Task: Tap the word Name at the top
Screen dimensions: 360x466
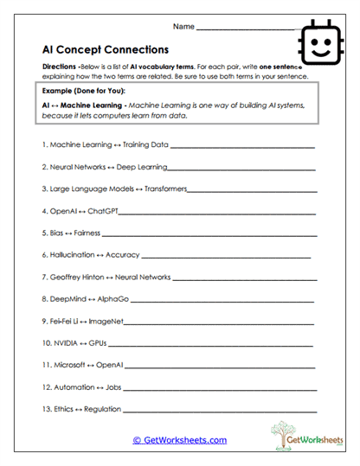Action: (x=184, y=27)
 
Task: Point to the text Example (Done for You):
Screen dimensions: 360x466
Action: (x=80, y=89)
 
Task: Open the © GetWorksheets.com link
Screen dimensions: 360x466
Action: (x=179, y=440)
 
